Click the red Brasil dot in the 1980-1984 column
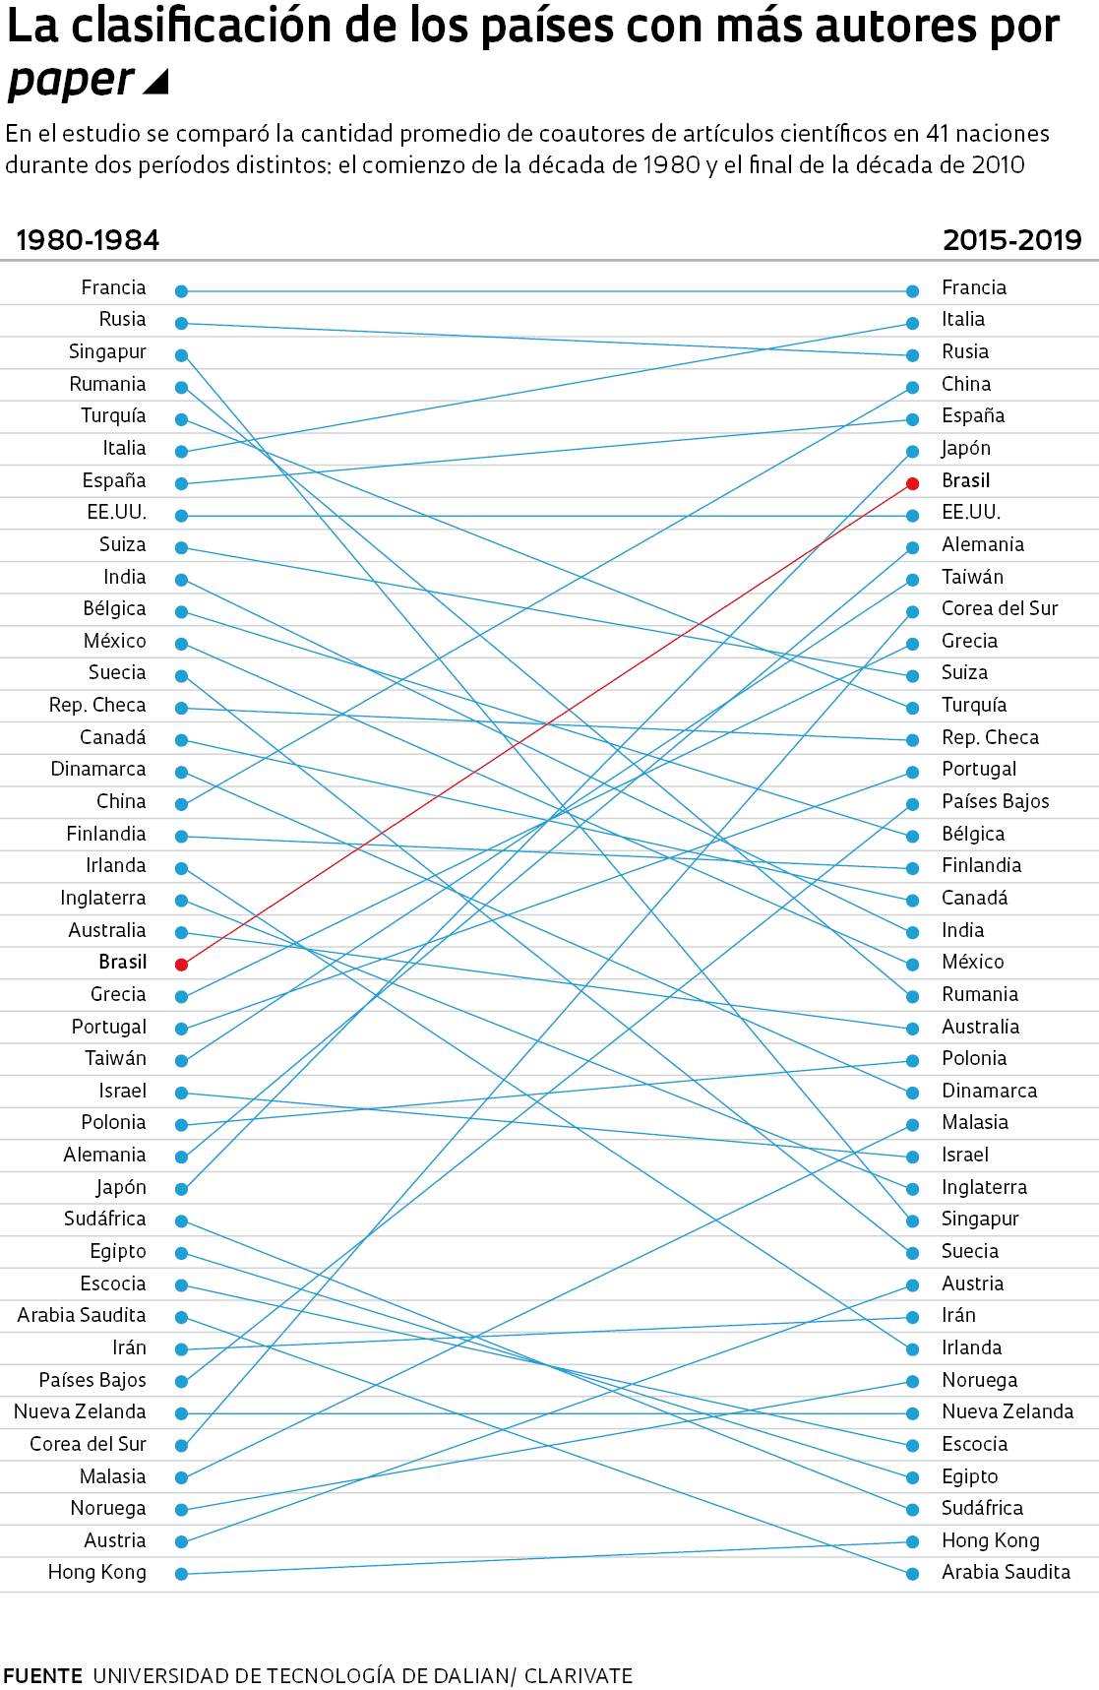pyautogui.click(x=181, y=965)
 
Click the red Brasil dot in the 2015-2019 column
pyautogui.click(x=913, y=483)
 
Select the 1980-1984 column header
pyautogui.click(x=88, y=240)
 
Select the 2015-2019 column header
pyautogui.click(x=1011, y=240)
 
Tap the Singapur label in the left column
pyautogui.click(x=107, y=352)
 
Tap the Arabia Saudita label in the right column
pyautogui.click(x=1006, y=1572)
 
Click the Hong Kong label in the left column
pyautogui.click(x=96, y=1572)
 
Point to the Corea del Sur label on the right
pyautogui.click(x=1000, y=608)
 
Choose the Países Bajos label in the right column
pyautogui.click(x=995, y=801)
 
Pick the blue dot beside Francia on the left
pyautogui.click(x=181, y=291)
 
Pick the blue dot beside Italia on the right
pyautogui.click(x=913, y=323)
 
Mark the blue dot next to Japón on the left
pyautogui.click(x=181, y=1189)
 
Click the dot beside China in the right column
pyautogui.click(x=913, y=387)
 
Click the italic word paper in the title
pyautogui.click(x=71, y=81)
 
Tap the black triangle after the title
pyautogui.click(x=156, y=83)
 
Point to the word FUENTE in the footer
pyautogui.click(x=42, y=1675)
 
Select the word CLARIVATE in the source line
pyautogui.click(x=578, y=1675)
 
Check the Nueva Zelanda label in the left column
pyautogui.click(x=80, y=1411)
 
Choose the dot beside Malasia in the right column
pyautogui.click(x=913, y=1124)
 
